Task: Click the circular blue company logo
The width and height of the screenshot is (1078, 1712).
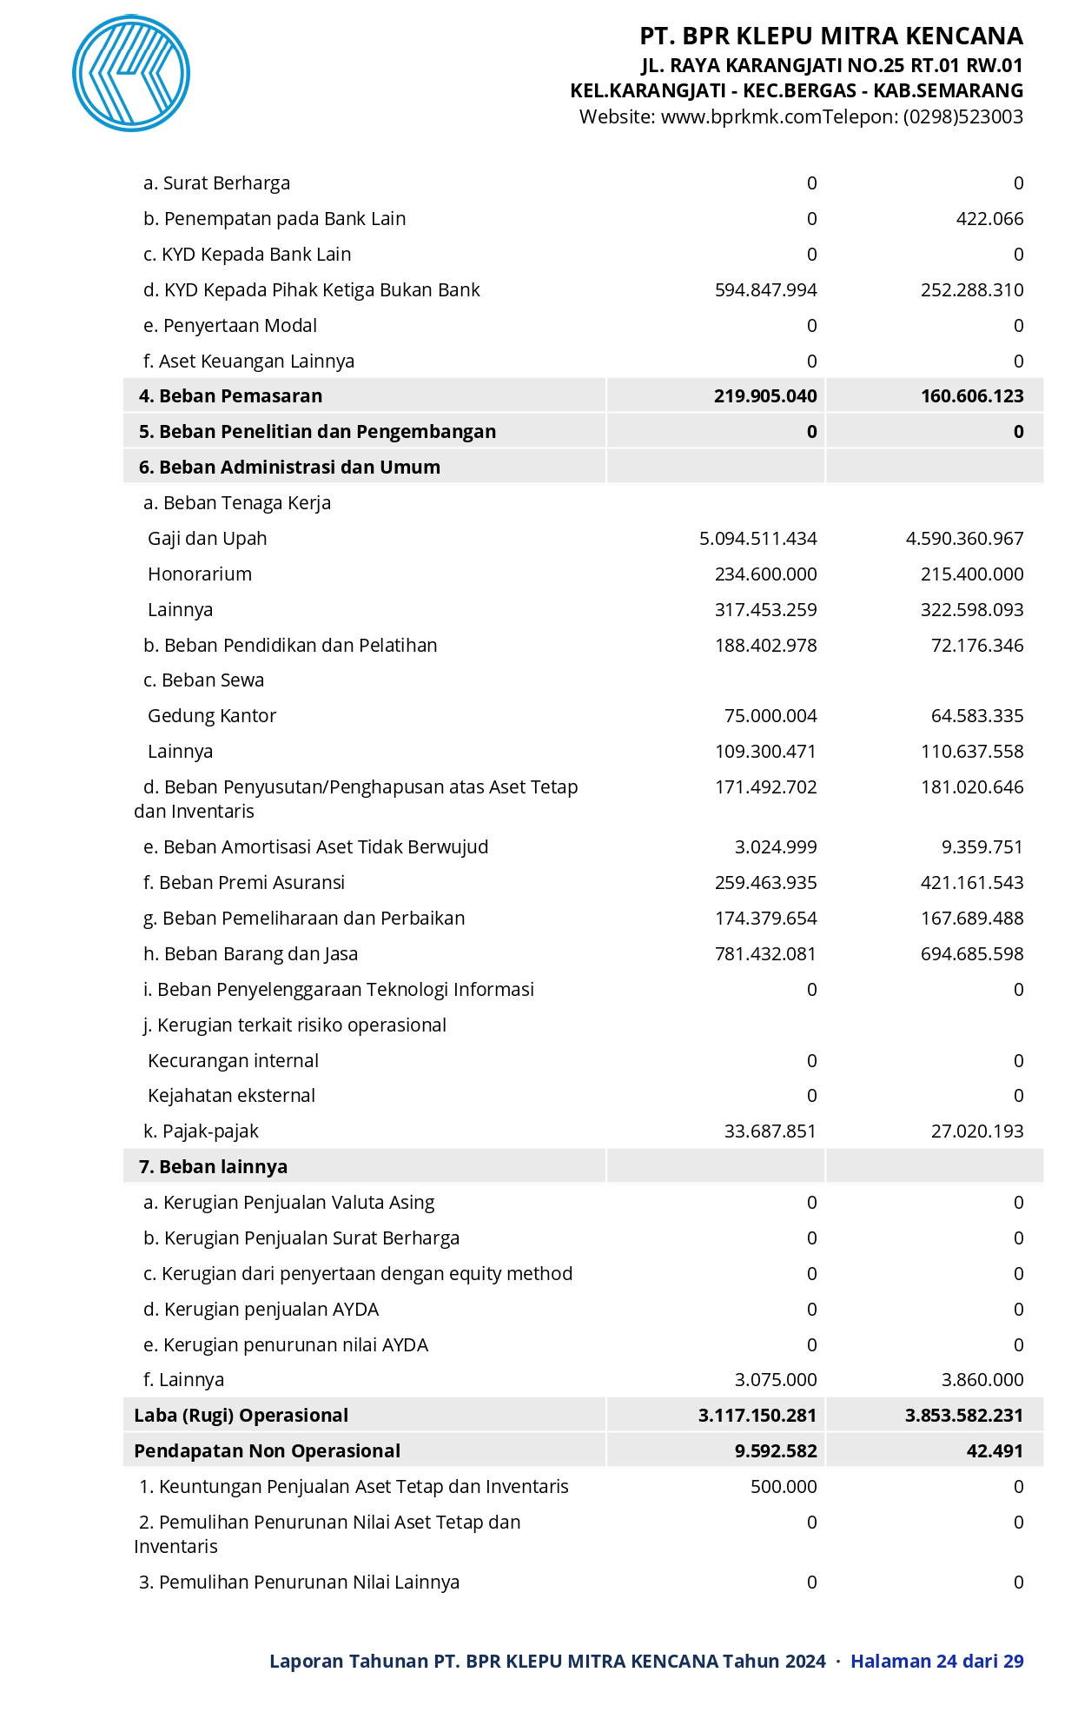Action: tap(131, 73)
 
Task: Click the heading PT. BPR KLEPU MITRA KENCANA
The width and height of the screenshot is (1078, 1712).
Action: tap(831, 36)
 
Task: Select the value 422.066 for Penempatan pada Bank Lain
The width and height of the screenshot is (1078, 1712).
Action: tap(989, 219)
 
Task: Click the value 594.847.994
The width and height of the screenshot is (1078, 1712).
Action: tap(765, 290)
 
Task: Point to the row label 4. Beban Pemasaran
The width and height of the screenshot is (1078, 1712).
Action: tap(230, 396)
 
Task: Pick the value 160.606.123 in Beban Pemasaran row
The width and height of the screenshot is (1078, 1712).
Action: tap(972, 396)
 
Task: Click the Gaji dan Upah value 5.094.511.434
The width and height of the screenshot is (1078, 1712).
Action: tap(757, 539)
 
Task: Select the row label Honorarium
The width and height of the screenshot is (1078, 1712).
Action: tap(200, 574)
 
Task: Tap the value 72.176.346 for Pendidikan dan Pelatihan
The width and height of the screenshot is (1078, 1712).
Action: tap(976, 646)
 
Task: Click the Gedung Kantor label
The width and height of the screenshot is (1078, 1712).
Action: tap(212, 716)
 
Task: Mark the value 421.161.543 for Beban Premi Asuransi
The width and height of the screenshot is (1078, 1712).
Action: tap(972, 883)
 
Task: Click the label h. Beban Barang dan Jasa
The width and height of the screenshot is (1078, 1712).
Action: tap(250, 954)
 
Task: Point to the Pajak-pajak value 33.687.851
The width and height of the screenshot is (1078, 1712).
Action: tap(770, 1131)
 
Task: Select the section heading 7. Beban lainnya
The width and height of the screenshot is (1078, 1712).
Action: tap(213, 1167)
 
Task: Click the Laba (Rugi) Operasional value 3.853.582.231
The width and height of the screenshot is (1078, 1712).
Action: tap(963, 1416)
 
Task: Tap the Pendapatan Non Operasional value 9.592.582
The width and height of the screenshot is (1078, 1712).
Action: tap(775, 1451)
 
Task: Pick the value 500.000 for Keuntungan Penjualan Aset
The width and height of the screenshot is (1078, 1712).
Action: tap(784, 1487)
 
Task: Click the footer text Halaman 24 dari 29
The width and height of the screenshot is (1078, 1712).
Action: tap(936, 1662)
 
